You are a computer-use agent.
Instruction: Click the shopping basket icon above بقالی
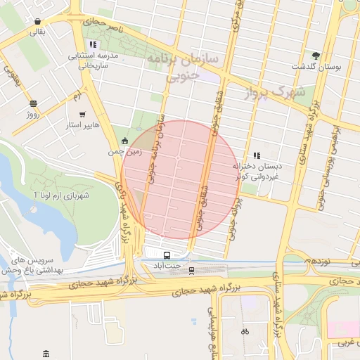[x=37, y=21]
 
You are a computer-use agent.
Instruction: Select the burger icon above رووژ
[x=33, y=103]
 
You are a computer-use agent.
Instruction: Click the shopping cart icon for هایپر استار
[x=83, y=114]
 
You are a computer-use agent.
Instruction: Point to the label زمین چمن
[x=125, y=150]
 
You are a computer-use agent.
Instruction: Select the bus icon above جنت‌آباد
[x=167, y=255]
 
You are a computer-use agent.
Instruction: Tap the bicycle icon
[x=245, y=330]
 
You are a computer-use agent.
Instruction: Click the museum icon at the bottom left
[x=46, y=353]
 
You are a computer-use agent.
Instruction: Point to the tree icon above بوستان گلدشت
[x=316, y=55]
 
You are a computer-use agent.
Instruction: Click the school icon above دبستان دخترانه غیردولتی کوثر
[x=257, y=155]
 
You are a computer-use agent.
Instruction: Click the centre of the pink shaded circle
[x=180, y=180]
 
